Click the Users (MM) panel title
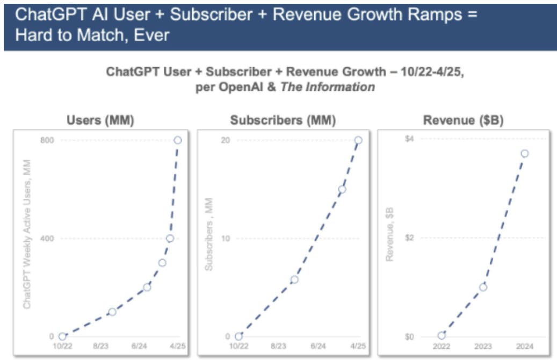(100, 120)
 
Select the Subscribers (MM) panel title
(283, 120)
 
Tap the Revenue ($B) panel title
(463, 120)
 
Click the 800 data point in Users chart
(177, 140)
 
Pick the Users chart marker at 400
(170, 238)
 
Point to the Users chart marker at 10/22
(62, 336)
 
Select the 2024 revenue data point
(524, 154)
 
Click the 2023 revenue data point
(483, 287)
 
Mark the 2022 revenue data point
(442, 335)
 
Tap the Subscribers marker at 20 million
(358, 140)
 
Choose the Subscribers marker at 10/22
(239, 336)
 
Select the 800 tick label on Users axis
(48, 140)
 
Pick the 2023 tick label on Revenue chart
(483, 347)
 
